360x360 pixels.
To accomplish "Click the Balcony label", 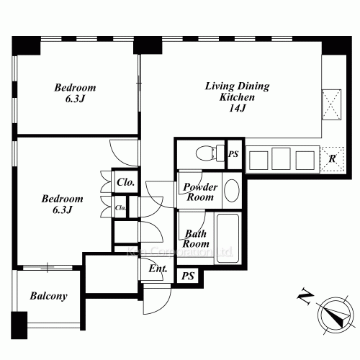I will tap(48, 296).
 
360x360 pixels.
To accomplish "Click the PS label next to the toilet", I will tap(233, 154).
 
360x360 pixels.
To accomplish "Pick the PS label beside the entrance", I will tap(187, 276).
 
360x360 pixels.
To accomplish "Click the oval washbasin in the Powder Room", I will tap(232, 191).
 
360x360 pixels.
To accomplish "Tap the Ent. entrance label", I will tap(158, 270).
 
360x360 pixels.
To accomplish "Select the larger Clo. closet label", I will tap(126, 182).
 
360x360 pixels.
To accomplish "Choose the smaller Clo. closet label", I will tap(120, 208).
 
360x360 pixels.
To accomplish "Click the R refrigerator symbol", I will tap(332, 158).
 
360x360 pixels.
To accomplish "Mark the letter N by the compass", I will tap(305, 295).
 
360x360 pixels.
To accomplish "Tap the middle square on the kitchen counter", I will tap(281, 158).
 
